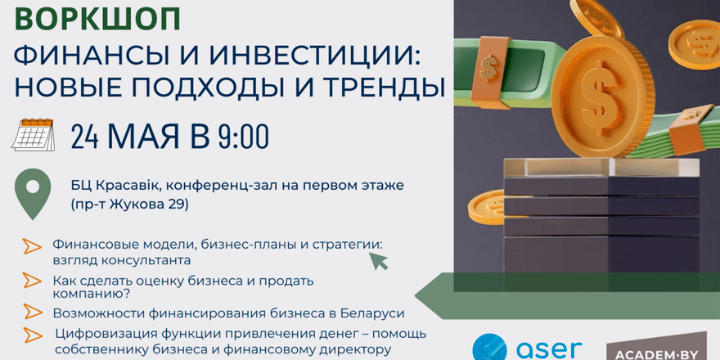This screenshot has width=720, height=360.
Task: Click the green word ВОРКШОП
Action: click(x=97, y=20)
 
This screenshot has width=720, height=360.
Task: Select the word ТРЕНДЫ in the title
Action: click(x=385, y=88)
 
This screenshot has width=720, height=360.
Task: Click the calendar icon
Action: click(x=33, y=135)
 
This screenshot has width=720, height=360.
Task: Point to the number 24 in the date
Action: click(x=85, y=136)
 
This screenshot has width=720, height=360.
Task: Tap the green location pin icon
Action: click(x=33, y=194)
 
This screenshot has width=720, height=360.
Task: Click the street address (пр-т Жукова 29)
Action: click(x=129, y=204)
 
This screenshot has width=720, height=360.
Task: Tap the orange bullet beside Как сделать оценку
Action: click(x=32, y=280)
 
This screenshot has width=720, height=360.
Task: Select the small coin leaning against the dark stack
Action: click(x=488, y=207)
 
